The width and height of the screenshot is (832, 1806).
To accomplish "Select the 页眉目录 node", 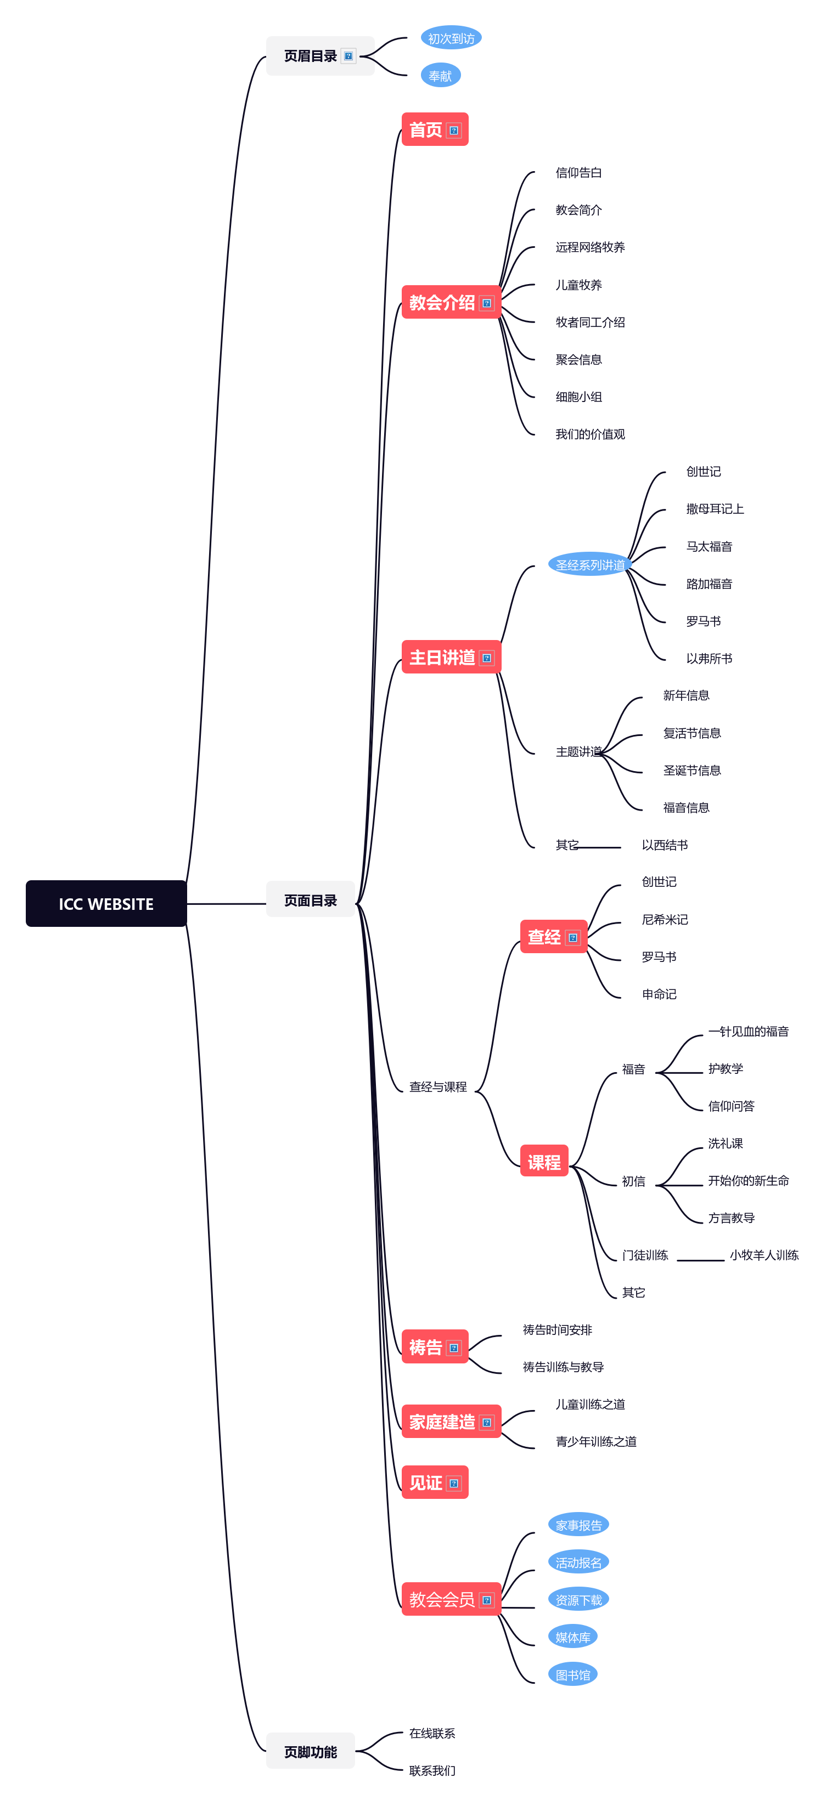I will (310, 56).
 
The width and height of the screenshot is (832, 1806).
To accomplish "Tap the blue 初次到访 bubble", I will (451, 38).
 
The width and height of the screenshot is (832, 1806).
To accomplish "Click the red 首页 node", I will (426, 129).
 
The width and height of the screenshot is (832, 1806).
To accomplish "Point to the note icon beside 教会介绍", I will (486, 304).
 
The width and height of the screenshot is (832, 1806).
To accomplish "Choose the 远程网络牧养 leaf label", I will (589, 247).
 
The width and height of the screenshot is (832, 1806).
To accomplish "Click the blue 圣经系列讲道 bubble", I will (589, 565).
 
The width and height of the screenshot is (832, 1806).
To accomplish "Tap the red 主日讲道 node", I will (442, 658).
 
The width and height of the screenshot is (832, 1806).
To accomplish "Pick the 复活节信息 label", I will (691, 733).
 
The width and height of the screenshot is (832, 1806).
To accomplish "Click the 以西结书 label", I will (664, 845).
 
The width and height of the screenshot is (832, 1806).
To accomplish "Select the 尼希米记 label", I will (664, 919).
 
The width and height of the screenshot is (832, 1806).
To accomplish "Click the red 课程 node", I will (544, 1162).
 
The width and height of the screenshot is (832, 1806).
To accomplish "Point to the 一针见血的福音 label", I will (748, 1031).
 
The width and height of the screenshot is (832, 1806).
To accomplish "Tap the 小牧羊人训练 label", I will (763, 1255).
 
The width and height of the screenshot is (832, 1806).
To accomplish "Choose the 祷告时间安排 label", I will (557, 1330).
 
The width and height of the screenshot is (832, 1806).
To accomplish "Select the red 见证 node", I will (426, 1483).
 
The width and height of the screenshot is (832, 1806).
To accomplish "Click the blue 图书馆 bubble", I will (572, 1675).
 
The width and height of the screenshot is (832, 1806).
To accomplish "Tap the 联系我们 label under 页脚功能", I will (431, 1771).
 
